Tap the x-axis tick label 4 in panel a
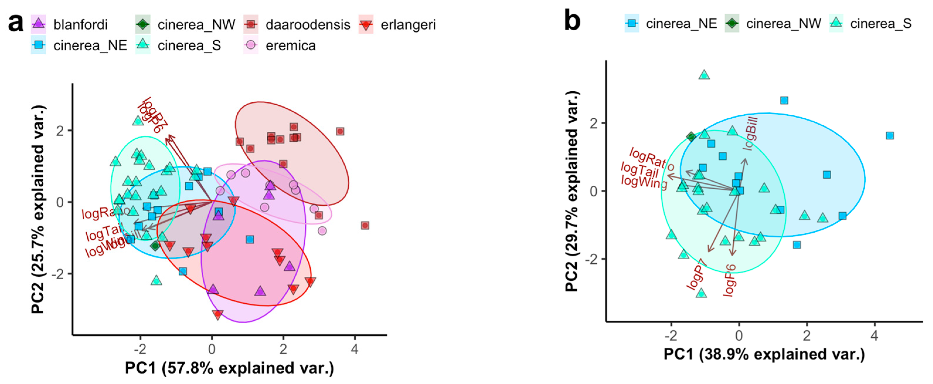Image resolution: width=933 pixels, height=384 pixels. coord(355,349)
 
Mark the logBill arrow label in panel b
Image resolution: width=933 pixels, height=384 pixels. coord(750,133)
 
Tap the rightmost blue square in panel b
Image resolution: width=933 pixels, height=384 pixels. coord(890,136)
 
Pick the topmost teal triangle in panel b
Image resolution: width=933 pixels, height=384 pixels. coord(704,75)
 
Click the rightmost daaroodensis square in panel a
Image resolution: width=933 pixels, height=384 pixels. coord(365,226)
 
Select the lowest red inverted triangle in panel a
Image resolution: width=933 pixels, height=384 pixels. coord(218,314)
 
